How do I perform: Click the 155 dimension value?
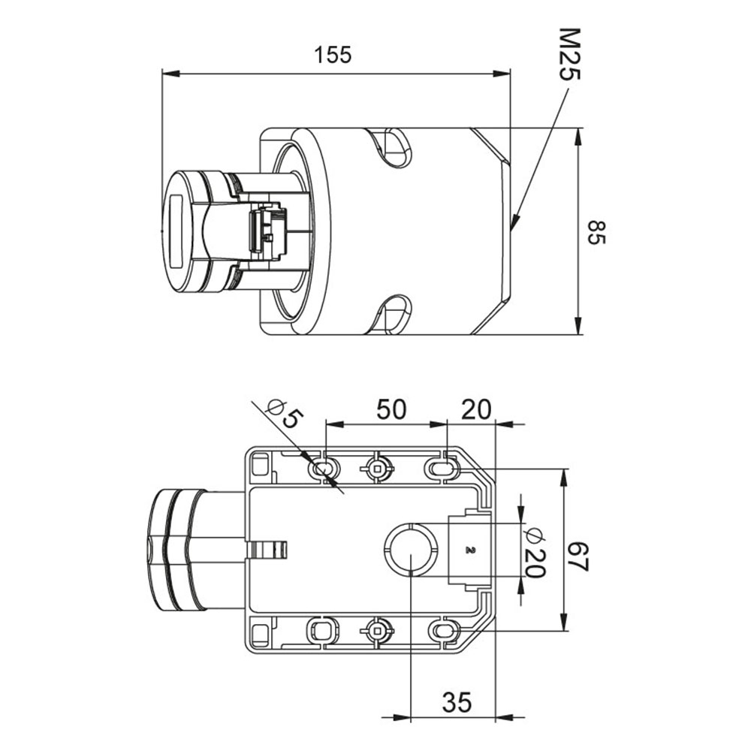pos(333,55)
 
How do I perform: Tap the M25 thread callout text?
pos(570,55)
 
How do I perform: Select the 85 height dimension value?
pos(596,233)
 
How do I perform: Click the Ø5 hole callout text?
pos(285,414)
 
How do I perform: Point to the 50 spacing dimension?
pos(391,409)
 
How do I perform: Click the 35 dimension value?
pos(457,703)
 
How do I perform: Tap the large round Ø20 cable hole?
pos(412,550)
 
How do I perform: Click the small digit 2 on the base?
pos(469,550)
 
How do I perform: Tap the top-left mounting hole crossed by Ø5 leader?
pos(324,468)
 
